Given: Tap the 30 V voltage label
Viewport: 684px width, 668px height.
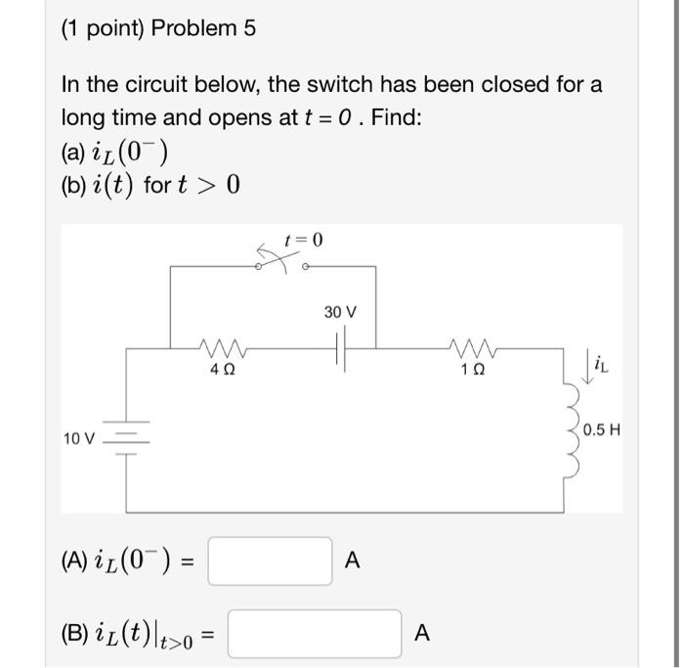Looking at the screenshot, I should click(340, 312).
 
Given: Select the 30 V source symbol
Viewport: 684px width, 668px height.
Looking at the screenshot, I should click(340, 347).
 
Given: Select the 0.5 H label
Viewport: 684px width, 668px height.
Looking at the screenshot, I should click(602, 430).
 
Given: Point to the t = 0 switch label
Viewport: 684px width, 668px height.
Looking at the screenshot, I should click(302, 240).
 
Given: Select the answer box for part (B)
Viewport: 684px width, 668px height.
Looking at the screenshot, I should click(314, 633).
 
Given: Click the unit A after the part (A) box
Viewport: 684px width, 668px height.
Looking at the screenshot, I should click(353, 560).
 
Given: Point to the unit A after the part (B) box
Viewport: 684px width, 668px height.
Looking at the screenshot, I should click(421, 633).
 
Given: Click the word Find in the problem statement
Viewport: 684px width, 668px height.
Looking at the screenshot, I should click(400, 117).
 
